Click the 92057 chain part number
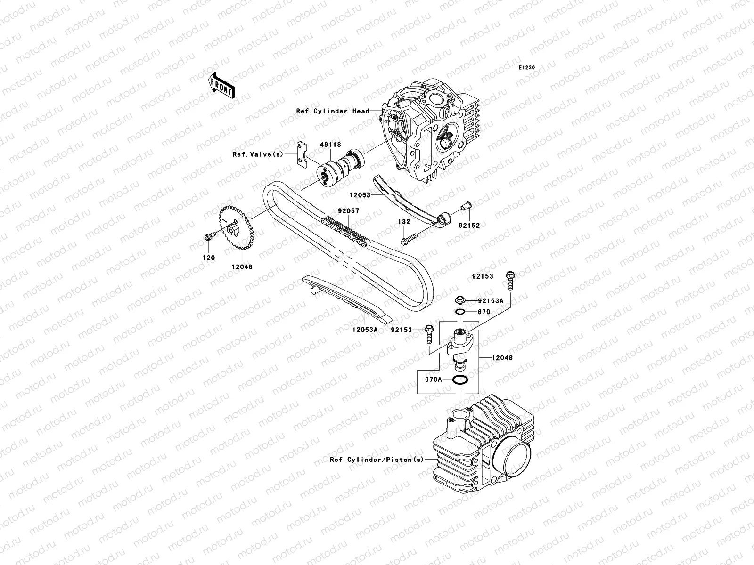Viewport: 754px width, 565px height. [x=348, y=211]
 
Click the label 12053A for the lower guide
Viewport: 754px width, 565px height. [x=364, y=330]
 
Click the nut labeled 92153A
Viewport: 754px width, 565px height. [x=460, y=300]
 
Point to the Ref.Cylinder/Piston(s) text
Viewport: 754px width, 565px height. [x=377, y=460]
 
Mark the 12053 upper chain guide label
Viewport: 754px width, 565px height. [x=361, y=195]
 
